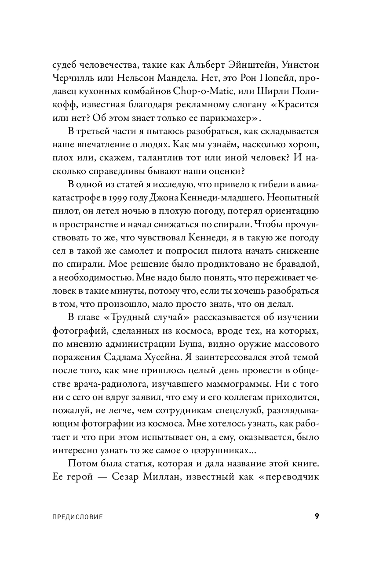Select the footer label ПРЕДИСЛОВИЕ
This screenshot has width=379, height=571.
click(77, 517)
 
